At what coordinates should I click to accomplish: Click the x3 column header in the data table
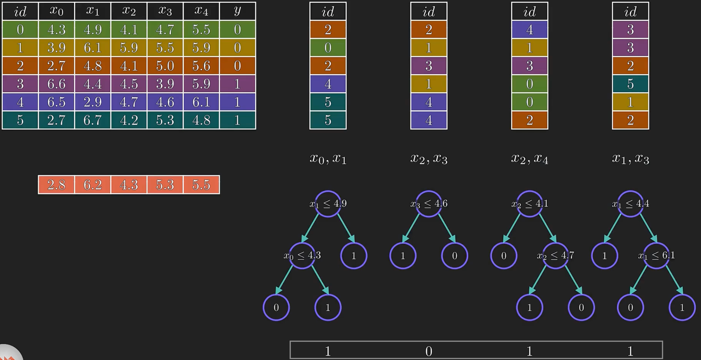coord(165,11)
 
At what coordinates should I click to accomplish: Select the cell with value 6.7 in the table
coord(93,120)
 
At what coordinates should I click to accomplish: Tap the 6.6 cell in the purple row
coord(56,84)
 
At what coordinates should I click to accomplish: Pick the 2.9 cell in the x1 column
coord(93,102)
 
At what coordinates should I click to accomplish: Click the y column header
coord(238,11)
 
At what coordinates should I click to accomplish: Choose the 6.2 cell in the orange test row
coord(93,185)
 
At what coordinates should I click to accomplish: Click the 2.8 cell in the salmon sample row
coord(56,185)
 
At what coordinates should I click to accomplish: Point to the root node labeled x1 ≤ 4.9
coord(328,204)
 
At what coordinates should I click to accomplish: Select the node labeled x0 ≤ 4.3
coord(302,255)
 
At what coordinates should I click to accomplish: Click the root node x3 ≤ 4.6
coord(429,204)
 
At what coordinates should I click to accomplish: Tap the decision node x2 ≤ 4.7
coord(555,255)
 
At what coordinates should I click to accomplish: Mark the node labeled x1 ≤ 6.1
coord(656,255)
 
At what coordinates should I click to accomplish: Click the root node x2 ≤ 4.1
coord(530,204)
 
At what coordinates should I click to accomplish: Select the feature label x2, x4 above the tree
coord(530,158)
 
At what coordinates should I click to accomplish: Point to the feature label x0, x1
coord(328,158)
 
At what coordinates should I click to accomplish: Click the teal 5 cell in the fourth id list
coord(630,84)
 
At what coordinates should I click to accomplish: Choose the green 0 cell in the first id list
coord(328,48)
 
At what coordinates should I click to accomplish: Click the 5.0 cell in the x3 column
coord(165,66)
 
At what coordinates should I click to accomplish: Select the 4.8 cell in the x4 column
coord(201,120)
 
